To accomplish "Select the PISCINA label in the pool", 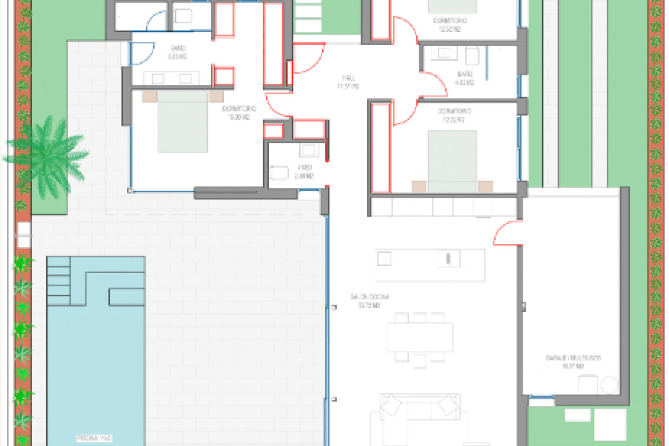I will point(94,438).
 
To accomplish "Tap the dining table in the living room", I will point(420,337).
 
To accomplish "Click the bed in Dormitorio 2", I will point(452,160).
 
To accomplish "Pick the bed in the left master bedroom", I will point(183,122).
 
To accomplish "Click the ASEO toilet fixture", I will point(279,173).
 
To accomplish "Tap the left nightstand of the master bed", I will point(149,97).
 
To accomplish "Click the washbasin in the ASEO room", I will point(309,151).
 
